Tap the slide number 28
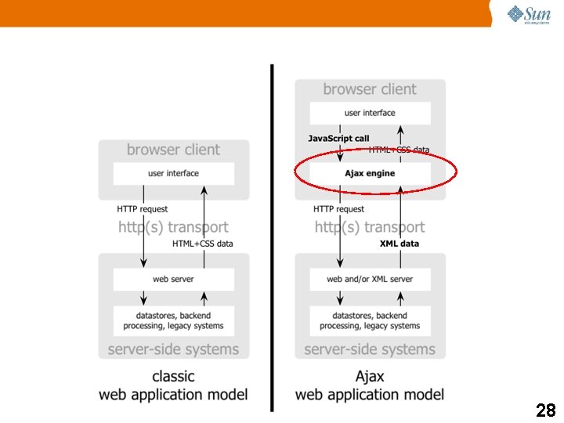[545, 410]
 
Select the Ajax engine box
[370, 173]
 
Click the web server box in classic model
[173, 279]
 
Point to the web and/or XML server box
[370, 279]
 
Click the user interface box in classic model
[173, 173]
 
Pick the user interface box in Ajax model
[370, 113]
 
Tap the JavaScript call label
[338, 139]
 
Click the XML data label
[399, 244]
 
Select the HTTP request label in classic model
[142, 209]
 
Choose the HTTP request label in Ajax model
[338, 209]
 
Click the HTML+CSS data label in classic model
[202, 244]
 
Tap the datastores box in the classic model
[173, 320]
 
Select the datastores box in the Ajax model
[370, 320]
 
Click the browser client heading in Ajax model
[370, 89]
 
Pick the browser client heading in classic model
[173, 150]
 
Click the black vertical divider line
[272, 235]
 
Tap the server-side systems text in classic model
[173, 349]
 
